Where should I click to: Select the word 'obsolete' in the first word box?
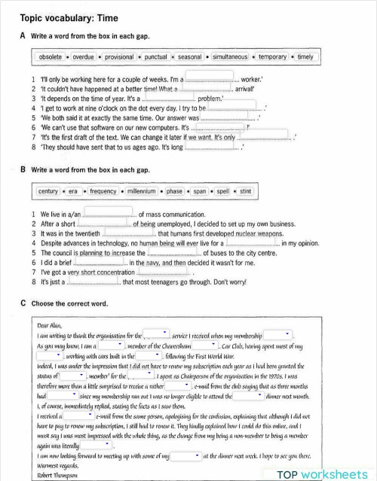tap(51, 57)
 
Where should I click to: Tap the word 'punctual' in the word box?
tap(156, 57)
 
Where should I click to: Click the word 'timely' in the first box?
tap(305, 57)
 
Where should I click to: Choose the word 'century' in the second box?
tap(48, 191)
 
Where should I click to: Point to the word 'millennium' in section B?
tap(140, 191)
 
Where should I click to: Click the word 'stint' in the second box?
tap(245, 191)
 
